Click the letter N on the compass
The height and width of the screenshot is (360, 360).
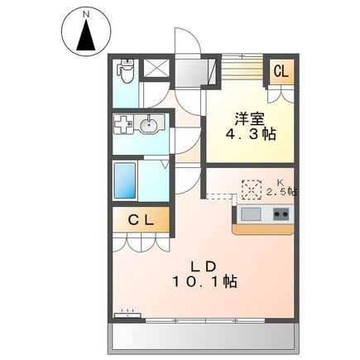click(87, 15)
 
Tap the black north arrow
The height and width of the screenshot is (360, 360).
click(86, 35)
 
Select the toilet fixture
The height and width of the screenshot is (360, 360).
click(126, 70)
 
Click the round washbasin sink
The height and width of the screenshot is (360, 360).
click(149, 126)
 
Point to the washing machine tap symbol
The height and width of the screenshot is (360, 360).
click(122, 124)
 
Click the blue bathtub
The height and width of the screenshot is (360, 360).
click(125, 180)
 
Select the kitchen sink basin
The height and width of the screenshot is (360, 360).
click(251, 214)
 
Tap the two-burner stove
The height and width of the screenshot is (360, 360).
click(281, 214)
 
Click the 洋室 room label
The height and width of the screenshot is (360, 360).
click(250, 119)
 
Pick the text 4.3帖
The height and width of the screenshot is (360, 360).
click(251, 134)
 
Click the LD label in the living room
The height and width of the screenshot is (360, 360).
click(204, 266)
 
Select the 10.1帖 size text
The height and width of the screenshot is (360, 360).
click(204, 281)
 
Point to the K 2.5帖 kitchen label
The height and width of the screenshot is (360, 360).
click(281, 188)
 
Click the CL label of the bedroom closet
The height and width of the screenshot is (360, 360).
click(281, 71)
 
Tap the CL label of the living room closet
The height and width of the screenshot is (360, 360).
click(141, 220)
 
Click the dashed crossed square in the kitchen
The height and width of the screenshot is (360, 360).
click(252, 190)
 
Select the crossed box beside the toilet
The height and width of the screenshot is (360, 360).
click(156, 69)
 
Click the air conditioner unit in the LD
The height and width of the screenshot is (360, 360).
click(127, 314)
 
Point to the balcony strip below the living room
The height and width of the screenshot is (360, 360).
click(203, 336)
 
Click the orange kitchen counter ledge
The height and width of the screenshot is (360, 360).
click(263, 229)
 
